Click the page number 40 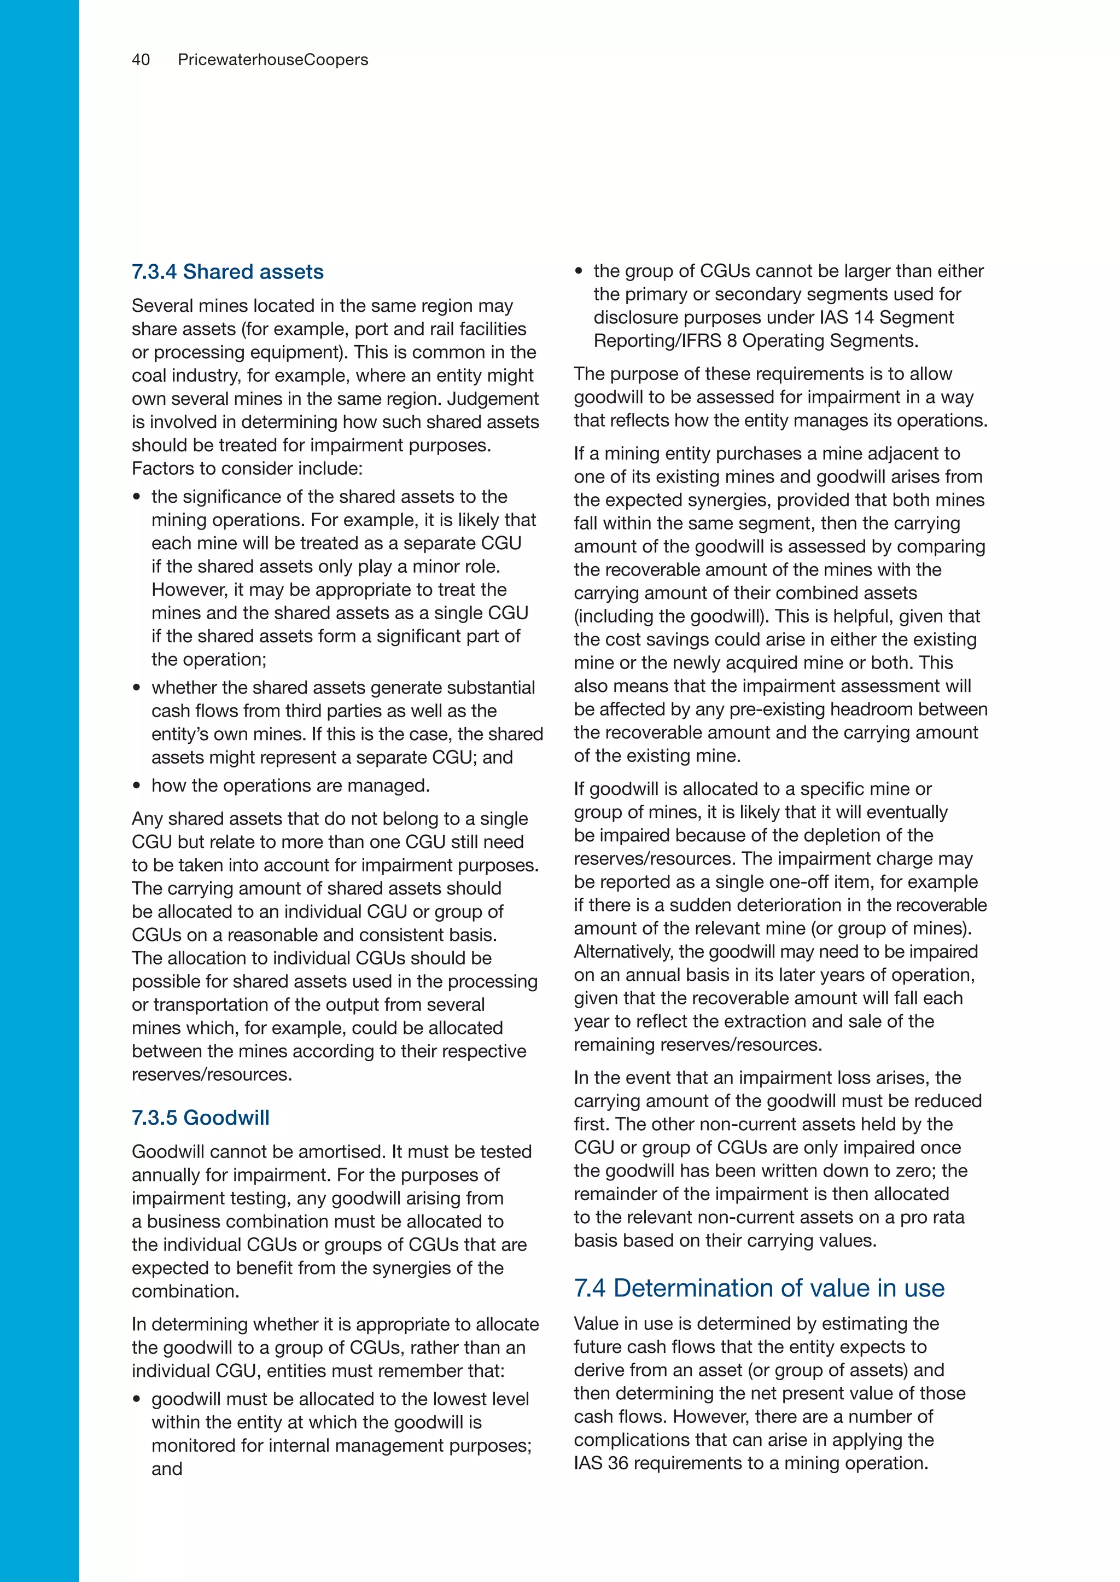pyautogui.click(x=141, y=60)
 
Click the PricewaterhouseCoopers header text pyautogui.click(x=273, y=60)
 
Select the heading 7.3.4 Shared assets pyautogui.click(x=227, y=272)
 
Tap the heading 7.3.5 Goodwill pyautogui.click(x=201, y=1118)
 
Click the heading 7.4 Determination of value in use pyautogui.click(x=759, y=1288)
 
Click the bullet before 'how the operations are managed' pyautogui.click(x=137, y=786)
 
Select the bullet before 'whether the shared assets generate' pyautogui.click(x=137, y=688)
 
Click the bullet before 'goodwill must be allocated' pyautogui.click(x=137, y=1399)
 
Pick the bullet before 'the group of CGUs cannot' pyautogui.click(x=579, y=271)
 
